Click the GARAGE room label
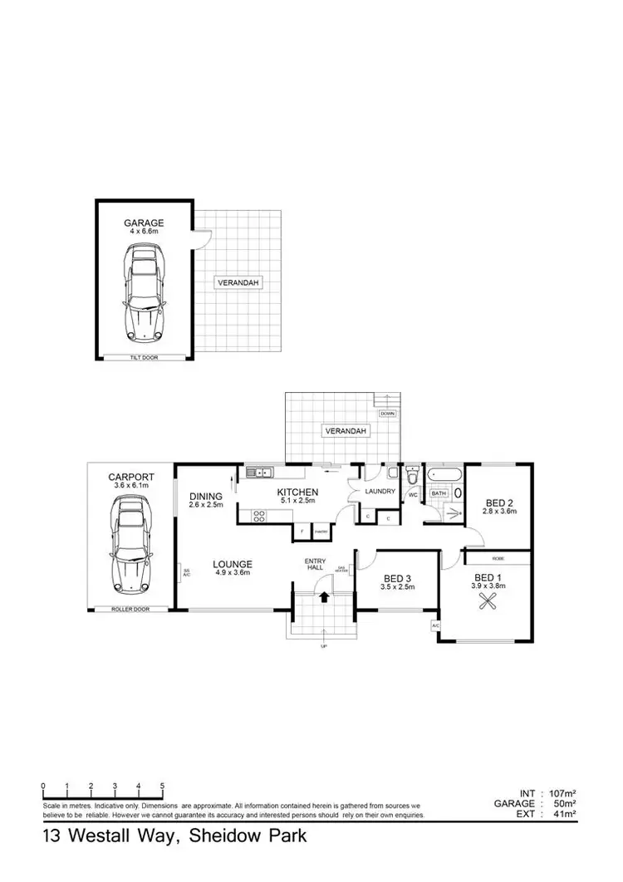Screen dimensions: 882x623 pos(144,223)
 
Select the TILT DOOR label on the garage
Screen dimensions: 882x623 pos(144,357)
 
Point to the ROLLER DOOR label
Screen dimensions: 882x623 pos(131,610)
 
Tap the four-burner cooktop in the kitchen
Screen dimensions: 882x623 pos(258,515)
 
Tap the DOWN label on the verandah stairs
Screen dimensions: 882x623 pos(387,413)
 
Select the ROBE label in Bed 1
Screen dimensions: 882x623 pos(497,559)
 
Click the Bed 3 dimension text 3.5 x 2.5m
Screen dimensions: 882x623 pos(397,587)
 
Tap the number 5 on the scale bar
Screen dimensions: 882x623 pos(162,785)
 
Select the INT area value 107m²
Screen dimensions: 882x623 pos(562,792)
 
